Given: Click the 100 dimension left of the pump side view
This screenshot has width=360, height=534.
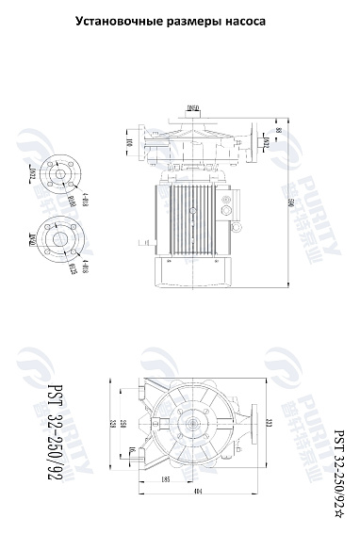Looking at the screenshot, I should (x=130, y=143).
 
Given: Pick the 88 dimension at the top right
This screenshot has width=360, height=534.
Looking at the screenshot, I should (x=278, y=130).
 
